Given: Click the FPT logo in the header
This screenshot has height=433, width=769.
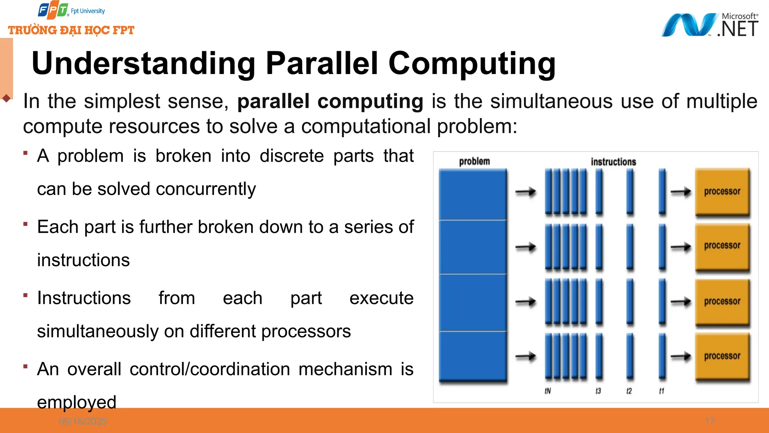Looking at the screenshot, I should (x=53, y=11).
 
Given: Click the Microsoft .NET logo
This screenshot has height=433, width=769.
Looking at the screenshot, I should (x=710, y=25).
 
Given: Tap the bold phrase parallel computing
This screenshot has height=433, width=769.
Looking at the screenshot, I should (x=330, y=101).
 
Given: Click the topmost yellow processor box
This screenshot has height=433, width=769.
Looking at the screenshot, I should (x=722, y=192).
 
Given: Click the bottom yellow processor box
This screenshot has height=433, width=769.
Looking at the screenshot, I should (x=722, y=356).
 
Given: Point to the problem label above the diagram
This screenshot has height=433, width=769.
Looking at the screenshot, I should (x=474, y=162).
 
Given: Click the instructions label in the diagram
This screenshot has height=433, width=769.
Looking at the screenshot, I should (x=613, y=162).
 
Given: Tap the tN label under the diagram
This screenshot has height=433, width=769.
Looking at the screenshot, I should (x=548, y=391).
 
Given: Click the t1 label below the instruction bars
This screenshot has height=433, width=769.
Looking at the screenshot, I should (x=662, y=391).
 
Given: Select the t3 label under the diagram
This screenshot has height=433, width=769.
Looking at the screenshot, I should (x=598, y=391).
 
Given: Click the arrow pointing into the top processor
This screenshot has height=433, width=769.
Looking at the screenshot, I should (x=681, y=192).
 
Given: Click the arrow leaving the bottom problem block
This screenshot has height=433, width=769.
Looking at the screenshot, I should (x=525, y=356).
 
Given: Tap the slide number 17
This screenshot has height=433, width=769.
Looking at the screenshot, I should (x=710, y=421).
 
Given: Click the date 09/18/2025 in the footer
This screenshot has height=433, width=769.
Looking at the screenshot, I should (x=83, y=421).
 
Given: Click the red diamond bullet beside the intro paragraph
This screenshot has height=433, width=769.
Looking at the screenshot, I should (x=6, y=98).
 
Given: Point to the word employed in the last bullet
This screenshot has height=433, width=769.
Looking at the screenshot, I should (x=77, y=402).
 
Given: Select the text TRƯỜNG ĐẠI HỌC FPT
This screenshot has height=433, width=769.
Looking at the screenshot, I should (x=71, y=30).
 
